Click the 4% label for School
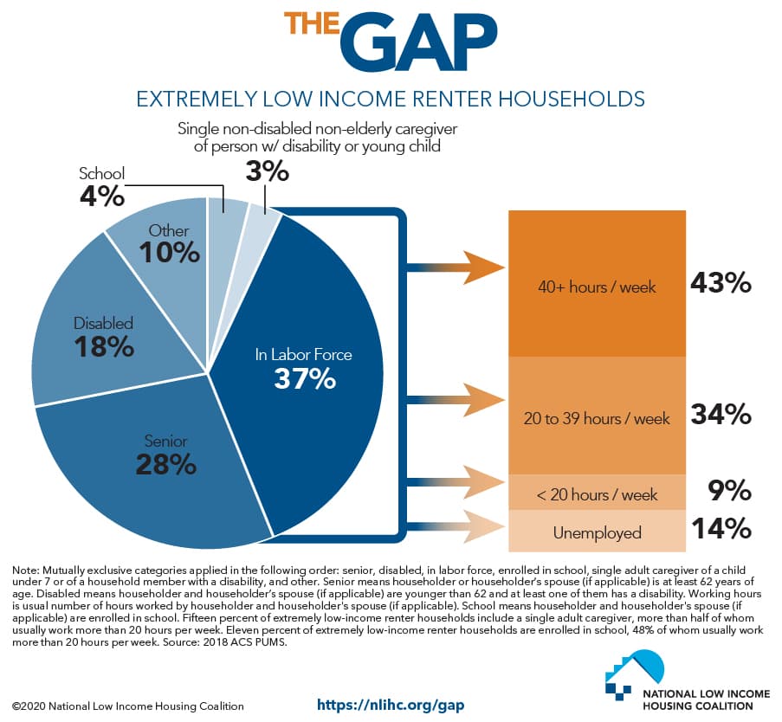pyautogui.click(x=102, y=195)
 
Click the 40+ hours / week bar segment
pyautogui.click(x=595, y=286)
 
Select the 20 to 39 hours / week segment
pyautogui.click(x=595, y=418)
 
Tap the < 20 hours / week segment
pyautogui.click(x=595, y=494)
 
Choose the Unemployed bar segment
pyautogui.click(x=595, y=532)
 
